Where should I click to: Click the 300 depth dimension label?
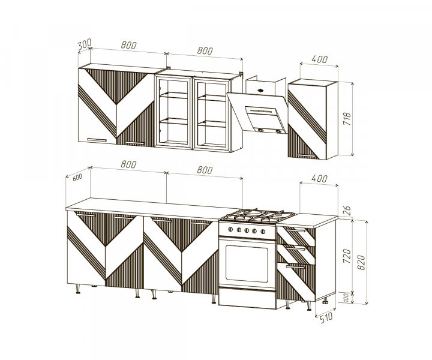[85, 44]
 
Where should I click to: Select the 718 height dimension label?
[347, 119]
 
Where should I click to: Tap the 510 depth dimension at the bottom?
[326, 317]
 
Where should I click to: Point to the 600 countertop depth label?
[77, 178]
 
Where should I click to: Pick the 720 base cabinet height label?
[347, 256]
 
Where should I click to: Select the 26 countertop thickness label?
[347, 210]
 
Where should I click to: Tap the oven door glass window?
[247, 263]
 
